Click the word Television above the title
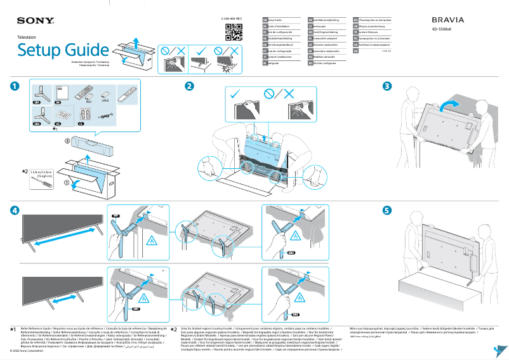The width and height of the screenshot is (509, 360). tap(27, 38)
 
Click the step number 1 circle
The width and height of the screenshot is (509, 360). tap(13, 86)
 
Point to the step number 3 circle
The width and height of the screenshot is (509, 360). tap(387, 86)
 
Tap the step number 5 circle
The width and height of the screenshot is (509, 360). tap(387, 210)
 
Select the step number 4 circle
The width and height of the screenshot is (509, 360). tap(13, 210)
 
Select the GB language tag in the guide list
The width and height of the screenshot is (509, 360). tap(265, 20)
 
